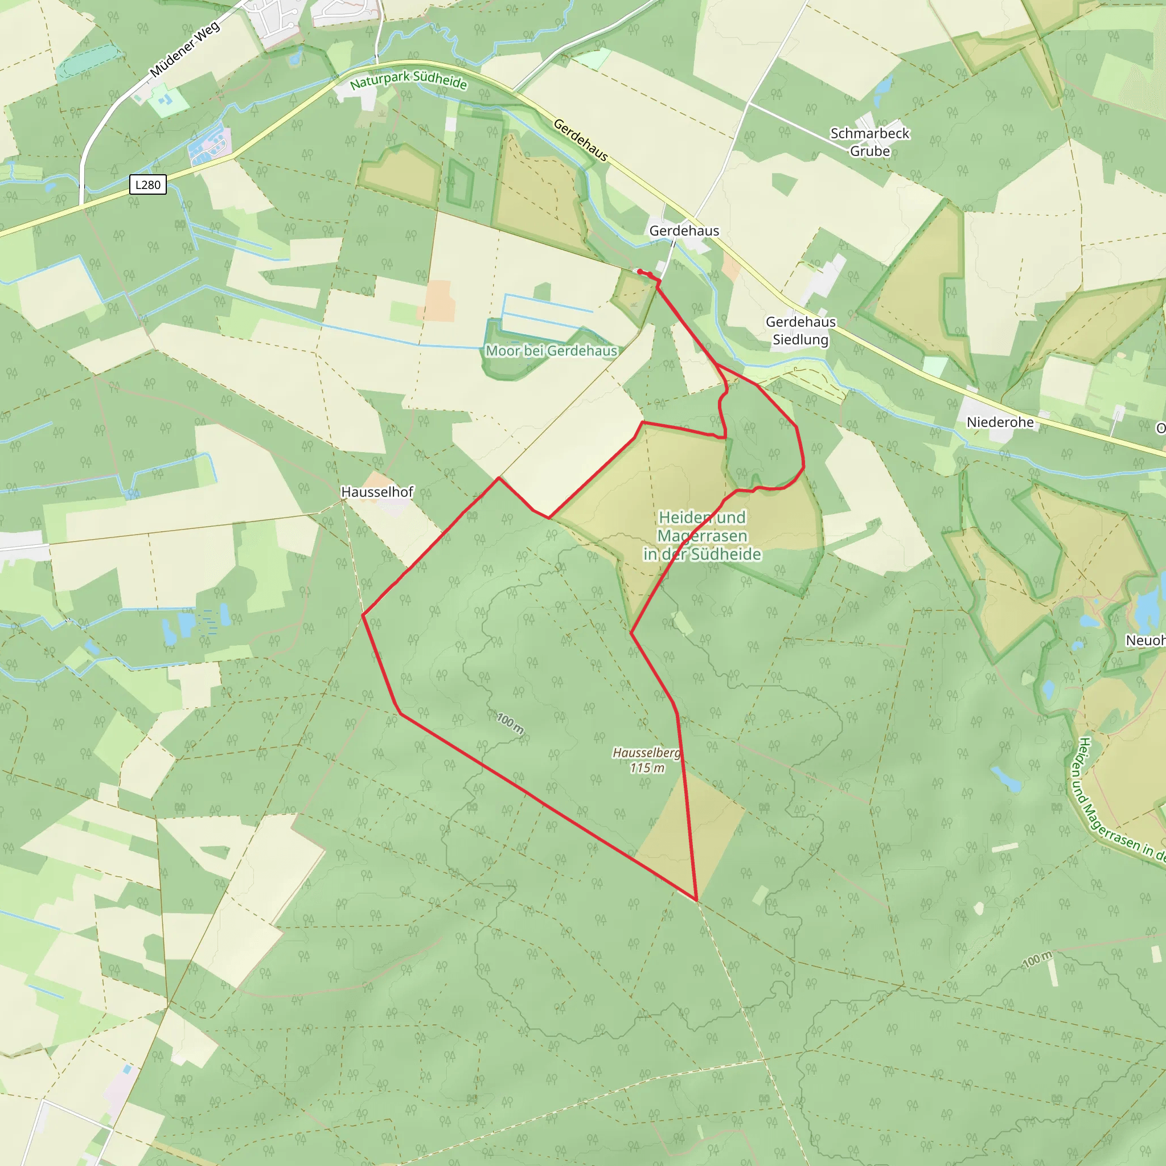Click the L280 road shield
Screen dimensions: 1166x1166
click(x=148, y=184)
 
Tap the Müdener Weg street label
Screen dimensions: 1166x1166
click(x=184, y=50)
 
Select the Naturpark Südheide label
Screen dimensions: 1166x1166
click(x=409, y=80)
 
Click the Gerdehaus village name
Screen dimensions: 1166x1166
click(x=684, y=231)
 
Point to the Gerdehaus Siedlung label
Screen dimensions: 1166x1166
click(x=800, y=331)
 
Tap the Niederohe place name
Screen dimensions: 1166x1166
click(x=1000, y=422)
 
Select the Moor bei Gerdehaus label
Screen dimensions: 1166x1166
click(x=551, y=351)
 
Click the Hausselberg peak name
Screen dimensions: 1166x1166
click(x=646, y=753)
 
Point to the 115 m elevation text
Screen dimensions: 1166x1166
click(x=647, y=767)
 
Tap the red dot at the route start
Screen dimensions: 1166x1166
click(x=640, y=272)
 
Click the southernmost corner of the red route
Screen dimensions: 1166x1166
click(x=696, y=900)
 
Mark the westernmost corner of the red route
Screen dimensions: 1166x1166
click(x=363, y=615)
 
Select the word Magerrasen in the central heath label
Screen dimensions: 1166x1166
click(x=702, y=536)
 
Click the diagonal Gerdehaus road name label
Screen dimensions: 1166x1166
click(x=580, y=141)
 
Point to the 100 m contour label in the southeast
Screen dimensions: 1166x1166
click(x=1037, y=959)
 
